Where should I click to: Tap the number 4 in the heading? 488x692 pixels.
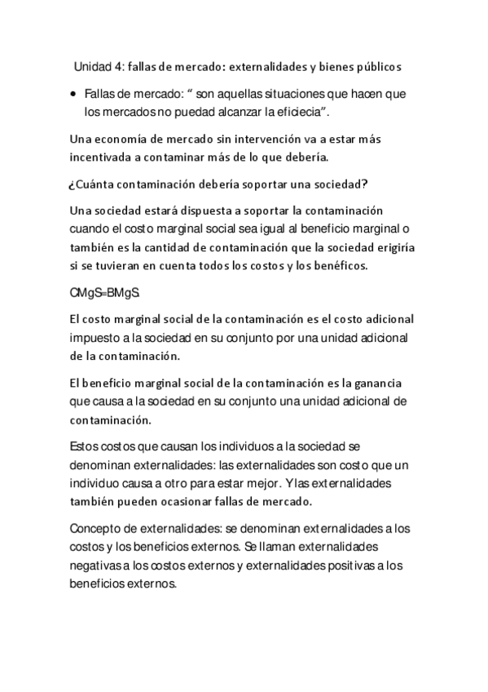pyautogui.click(x=121, y=65)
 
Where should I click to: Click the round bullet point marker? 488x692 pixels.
pyautogui.click(x=73, y=95)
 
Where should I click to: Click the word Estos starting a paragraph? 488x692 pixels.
pyautogui.click(x=86, y=446)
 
